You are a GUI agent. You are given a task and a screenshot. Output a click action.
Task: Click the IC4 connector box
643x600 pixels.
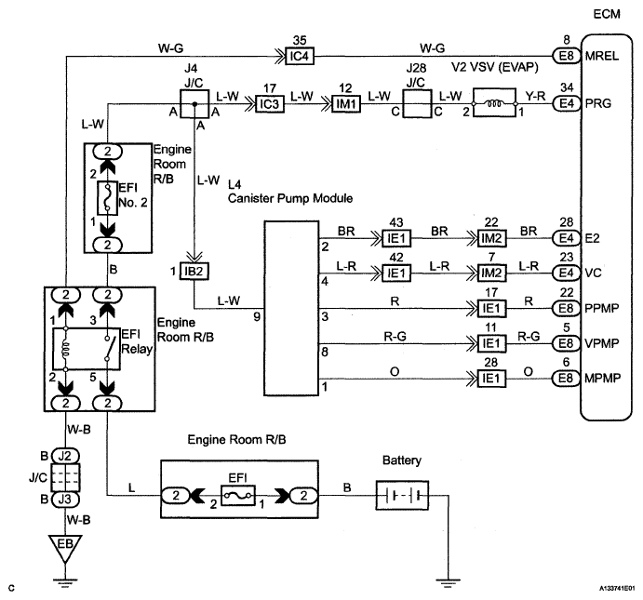pyautogui.click(x=300, y=56)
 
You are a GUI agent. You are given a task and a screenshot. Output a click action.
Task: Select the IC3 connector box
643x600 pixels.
pyautogui.click(x=270, y=103)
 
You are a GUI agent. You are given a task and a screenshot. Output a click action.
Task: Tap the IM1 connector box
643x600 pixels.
pyautogui.click(x=346, y=103)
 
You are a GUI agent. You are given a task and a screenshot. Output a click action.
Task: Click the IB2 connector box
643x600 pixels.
pyautogui.click(x=194, y=271)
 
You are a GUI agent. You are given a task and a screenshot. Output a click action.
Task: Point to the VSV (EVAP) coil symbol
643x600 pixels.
pyautogui.click(x=494, y=102)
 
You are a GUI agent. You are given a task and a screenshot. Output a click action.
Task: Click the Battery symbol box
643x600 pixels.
pyautogui.click(x=402, y=495)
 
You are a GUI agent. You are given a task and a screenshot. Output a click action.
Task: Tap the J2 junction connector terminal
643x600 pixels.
pyautogui.click(x=65, y=455)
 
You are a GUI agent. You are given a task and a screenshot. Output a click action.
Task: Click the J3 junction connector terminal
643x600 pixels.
pyautogui.click(x=65, y=499)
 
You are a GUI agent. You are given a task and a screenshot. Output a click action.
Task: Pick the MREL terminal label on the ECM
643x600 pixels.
pyautogui.click(x=601, y=56)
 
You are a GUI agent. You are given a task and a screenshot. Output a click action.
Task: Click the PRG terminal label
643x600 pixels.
pyautogui.click(x=598, y=103)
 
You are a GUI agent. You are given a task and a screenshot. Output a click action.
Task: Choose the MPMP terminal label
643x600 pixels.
pyautogui.click(x=602, y=378)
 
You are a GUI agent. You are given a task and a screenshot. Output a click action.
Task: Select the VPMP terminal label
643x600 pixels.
pyautogui.click(x=602, y=342)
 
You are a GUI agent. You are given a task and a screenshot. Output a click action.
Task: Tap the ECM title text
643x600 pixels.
pyautogui.click(x=607, y=14)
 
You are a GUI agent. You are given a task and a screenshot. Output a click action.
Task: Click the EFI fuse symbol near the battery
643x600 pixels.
pyautogui.click(x=238, y=495)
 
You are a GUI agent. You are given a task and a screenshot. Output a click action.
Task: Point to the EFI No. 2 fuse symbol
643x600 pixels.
pyautogui.click(x=107, y=198)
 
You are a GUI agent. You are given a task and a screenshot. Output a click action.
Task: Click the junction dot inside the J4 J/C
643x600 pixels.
pyautogui.click(x=194, y=104)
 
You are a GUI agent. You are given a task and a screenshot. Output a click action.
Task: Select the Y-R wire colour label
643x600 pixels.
pyautogui.click(x=535, y=96)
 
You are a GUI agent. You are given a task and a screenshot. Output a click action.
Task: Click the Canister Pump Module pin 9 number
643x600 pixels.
pyautogui.click(x=257, y=316)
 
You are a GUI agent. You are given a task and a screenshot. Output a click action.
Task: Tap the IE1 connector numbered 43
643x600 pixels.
pyautogui.click(x=396, y=238)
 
